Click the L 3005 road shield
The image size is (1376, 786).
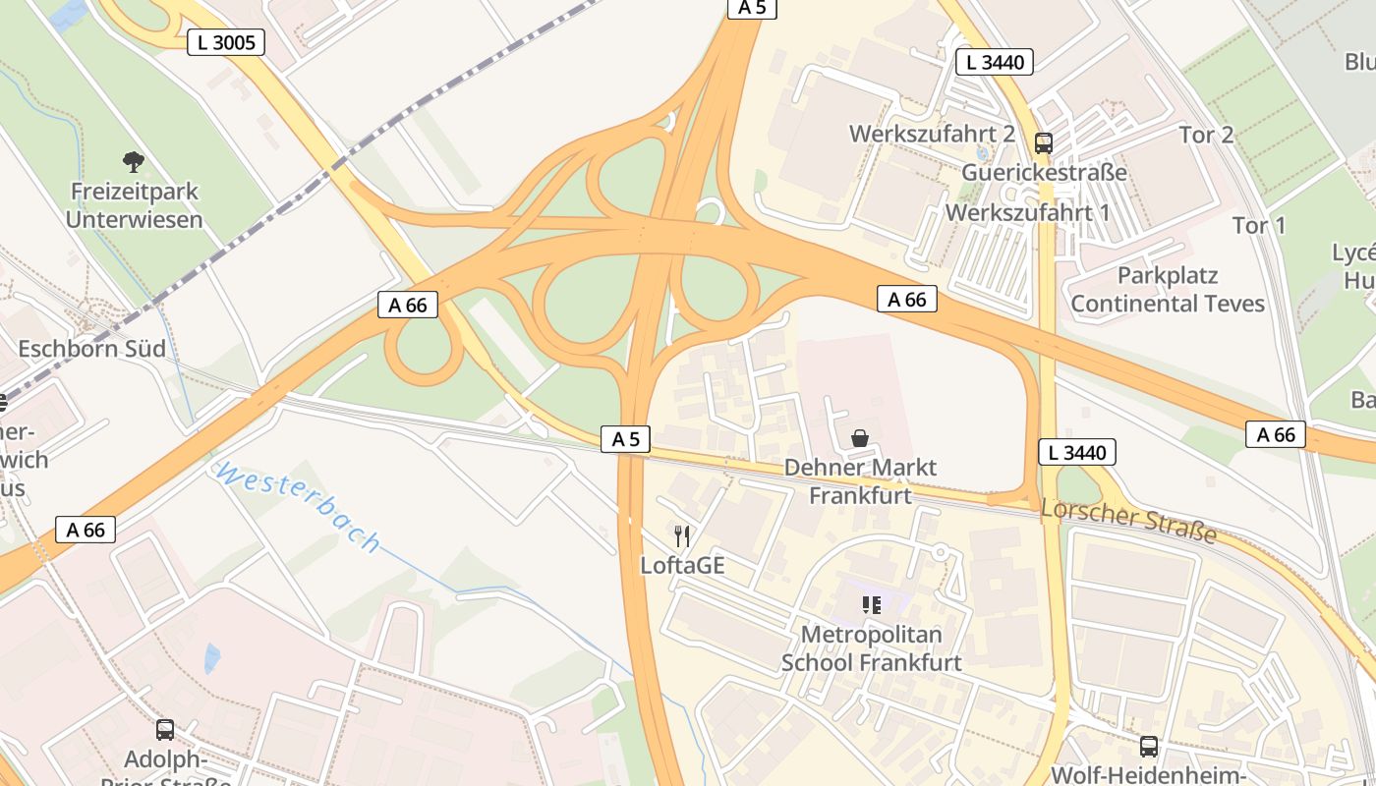tap(226, 41)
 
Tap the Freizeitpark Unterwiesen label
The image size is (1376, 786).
tap(134, 205)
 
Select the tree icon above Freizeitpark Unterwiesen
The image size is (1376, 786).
tap(134, 161)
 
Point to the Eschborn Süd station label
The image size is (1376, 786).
tap(91, 349)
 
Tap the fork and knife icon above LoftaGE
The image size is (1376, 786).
tap(682, 536)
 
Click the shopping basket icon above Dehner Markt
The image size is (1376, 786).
tap(860, 438)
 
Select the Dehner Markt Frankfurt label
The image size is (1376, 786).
tap(860, 480)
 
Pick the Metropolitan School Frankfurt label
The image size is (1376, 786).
tap(871, 648)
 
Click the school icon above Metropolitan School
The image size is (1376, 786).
tap(871, 605)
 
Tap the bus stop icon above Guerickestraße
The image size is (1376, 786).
tap(1044, 143)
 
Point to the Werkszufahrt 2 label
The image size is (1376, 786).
tap(932, 134)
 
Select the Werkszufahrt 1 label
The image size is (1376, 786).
tap(1027, 212)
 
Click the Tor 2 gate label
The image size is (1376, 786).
tap(1206, 135)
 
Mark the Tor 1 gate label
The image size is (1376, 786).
tap(1259, 225)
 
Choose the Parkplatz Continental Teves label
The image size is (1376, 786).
tap(1168, 289)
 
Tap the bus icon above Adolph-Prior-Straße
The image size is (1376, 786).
tap(165, 730)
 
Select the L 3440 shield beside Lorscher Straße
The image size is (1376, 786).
tap(1077, 453)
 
